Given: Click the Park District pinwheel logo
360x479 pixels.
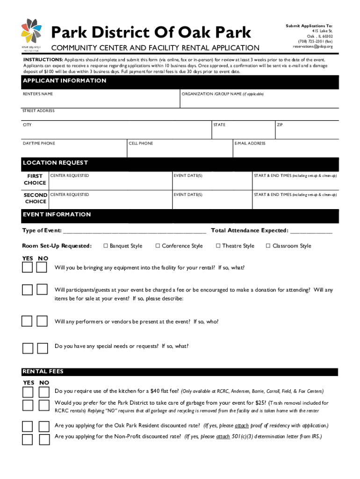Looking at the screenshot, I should click(31, 32).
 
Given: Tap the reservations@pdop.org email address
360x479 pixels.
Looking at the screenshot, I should click(313, 47).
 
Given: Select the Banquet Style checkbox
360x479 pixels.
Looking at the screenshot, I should click(106, 246).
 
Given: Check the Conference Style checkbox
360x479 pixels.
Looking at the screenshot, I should click(158, 246).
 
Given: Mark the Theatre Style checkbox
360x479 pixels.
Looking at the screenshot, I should click(218, 246).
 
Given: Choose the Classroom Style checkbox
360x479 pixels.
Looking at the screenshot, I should click(268, 246).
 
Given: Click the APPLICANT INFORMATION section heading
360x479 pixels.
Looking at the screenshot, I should click(65, 81).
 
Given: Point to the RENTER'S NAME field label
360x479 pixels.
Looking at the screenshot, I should click(38, 94).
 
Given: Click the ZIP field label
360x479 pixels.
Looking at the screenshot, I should click(280, 125).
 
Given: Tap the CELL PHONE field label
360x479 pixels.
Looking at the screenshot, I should click(141, 143).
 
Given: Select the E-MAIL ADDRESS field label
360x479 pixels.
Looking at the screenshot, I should click(250, 143).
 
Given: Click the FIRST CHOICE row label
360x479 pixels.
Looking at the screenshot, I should click(35, 180).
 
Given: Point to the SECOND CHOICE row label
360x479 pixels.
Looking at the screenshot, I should click(35, 198).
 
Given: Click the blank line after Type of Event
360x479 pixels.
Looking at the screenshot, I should click(134, 231).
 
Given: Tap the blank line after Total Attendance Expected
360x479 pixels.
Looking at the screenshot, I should click(311, 231).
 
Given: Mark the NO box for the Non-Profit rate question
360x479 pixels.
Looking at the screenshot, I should click(44, 439).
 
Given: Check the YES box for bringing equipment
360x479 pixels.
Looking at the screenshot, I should click(28, 267).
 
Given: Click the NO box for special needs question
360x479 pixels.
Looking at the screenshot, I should click(43, 348).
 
